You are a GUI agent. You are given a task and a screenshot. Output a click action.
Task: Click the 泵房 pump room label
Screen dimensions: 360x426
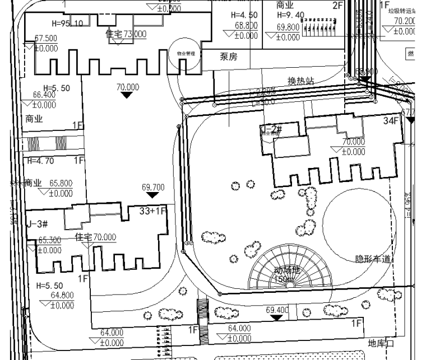coord(228,57)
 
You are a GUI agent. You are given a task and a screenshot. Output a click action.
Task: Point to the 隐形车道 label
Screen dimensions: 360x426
coord(373,259)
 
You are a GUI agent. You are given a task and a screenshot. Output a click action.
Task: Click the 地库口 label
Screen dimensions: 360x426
coord(382,343)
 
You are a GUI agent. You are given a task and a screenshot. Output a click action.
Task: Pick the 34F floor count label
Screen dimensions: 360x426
coord(391,121)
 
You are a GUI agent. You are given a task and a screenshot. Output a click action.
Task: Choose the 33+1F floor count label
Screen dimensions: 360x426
coord(153,211)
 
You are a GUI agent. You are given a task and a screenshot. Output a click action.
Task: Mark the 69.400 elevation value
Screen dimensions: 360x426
coord(277,310)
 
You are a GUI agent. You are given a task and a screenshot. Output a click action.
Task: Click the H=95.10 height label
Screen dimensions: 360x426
coord(67,24)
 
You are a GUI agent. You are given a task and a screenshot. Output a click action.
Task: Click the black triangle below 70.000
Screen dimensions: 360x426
coord(127,95)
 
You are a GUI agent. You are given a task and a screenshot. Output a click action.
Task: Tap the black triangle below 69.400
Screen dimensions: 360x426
coord(276,317)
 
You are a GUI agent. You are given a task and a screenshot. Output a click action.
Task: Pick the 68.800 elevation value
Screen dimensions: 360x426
coord(246,26)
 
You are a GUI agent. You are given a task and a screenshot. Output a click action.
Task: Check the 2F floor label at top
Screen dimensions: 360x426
coord(337,6)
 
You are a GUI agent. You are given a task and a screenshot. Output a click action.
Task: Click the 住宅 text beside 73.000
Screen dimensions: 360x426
coord(114,34)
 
